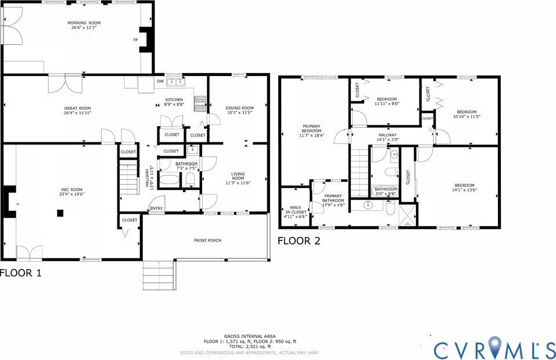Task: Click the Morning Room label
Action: pyautogui.click(x=80, y=23)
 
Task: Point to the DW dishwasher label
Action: pyautogui.click(x=160, y=81)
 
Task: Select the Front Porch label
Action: pyautogui.click(x=207, y=240)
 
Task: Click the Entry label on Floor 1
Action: pyautogui.click(x=156, y=208)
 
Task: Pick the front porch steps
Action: pyautogui.click(x=159, y=275)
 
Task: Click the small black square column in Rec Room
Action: pyautogui.click(x=60, y=213)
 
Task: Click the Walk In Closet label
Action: pyautogui.click(x=295, y=210)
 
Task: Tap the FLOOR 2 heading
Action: pyautogui.click(x=299, y=240)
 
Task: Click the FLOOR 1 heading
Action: pyautogui.click(x=20, y=272)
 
